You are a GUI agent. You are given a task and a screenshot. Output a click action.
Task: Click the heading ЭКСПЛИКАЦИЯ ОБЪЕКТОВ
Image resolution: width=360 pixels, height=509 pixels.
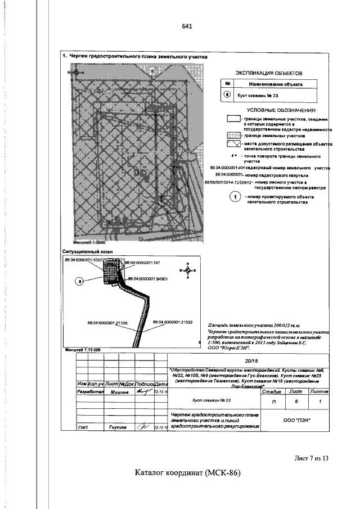pyautogui.click(x=268, y=73)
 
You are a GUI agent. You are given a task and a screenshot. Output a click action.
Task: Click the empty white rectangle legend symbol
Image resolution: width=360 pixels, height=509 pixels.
pyautogui.click(x=233, y=119)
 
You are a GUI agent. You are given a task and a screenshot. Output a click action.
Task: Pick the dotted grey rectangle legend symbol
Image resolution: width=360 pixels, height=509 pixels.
pyautogui.click(x=233, y=135)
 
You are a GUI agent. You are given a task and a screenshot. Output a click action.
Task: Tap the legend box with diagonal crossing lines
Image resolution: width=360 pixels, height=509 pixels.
pyautogui.click(x=233, y=145)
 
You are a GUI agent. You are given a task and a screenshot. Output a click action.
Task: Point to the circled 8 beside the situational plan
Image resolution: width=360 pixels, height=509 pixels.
pyautogui.click(x=80, y=281)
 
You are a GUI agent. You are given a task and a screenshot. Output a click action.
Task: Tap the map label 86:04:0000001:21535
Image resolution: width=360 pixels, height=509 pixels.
pyautogui.click(x=108, y=323)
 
